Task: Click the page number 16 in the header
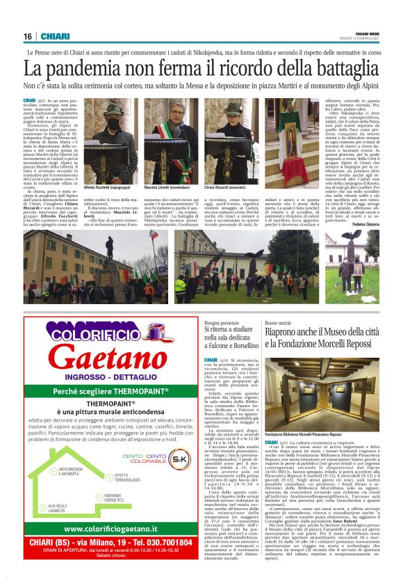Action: [x=28, y=36]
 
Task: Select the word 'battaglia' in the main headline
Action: [x=337, y=69]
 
